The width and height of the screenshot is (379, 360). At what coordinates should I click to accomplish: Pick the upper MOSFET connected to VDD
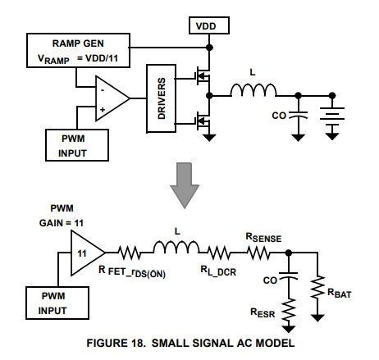[x=203, y=76]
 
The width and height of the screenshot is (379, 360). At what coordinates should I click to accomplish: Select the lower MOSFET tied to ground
[x=203, y=121]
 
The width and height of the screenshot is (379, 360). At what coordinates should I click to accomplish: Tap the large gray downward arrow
[x=185, y=185]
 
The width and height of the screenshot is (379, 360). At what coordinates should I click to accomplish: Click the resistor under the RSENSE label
[x=258, y=253]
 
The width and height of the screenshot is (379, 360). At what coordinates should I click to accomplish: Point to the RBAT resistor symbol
[x=317, y=287]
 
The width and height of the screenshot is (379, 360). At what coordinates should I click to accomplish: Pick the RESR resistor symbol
[x=289, y=310]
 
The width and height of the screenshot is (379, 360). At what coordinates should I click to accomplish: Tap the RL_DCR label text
[x=218, y=271]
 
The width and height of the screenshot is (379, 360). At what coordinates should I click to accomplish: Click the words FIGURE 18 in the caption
[x=116, y=343]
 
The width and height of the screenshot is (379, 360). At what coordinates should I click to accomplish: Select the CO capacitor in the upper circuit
[x=299, y=115]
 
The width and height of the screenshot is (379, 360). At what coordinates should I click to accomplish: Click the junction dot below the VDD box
[x=209, y=48]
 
